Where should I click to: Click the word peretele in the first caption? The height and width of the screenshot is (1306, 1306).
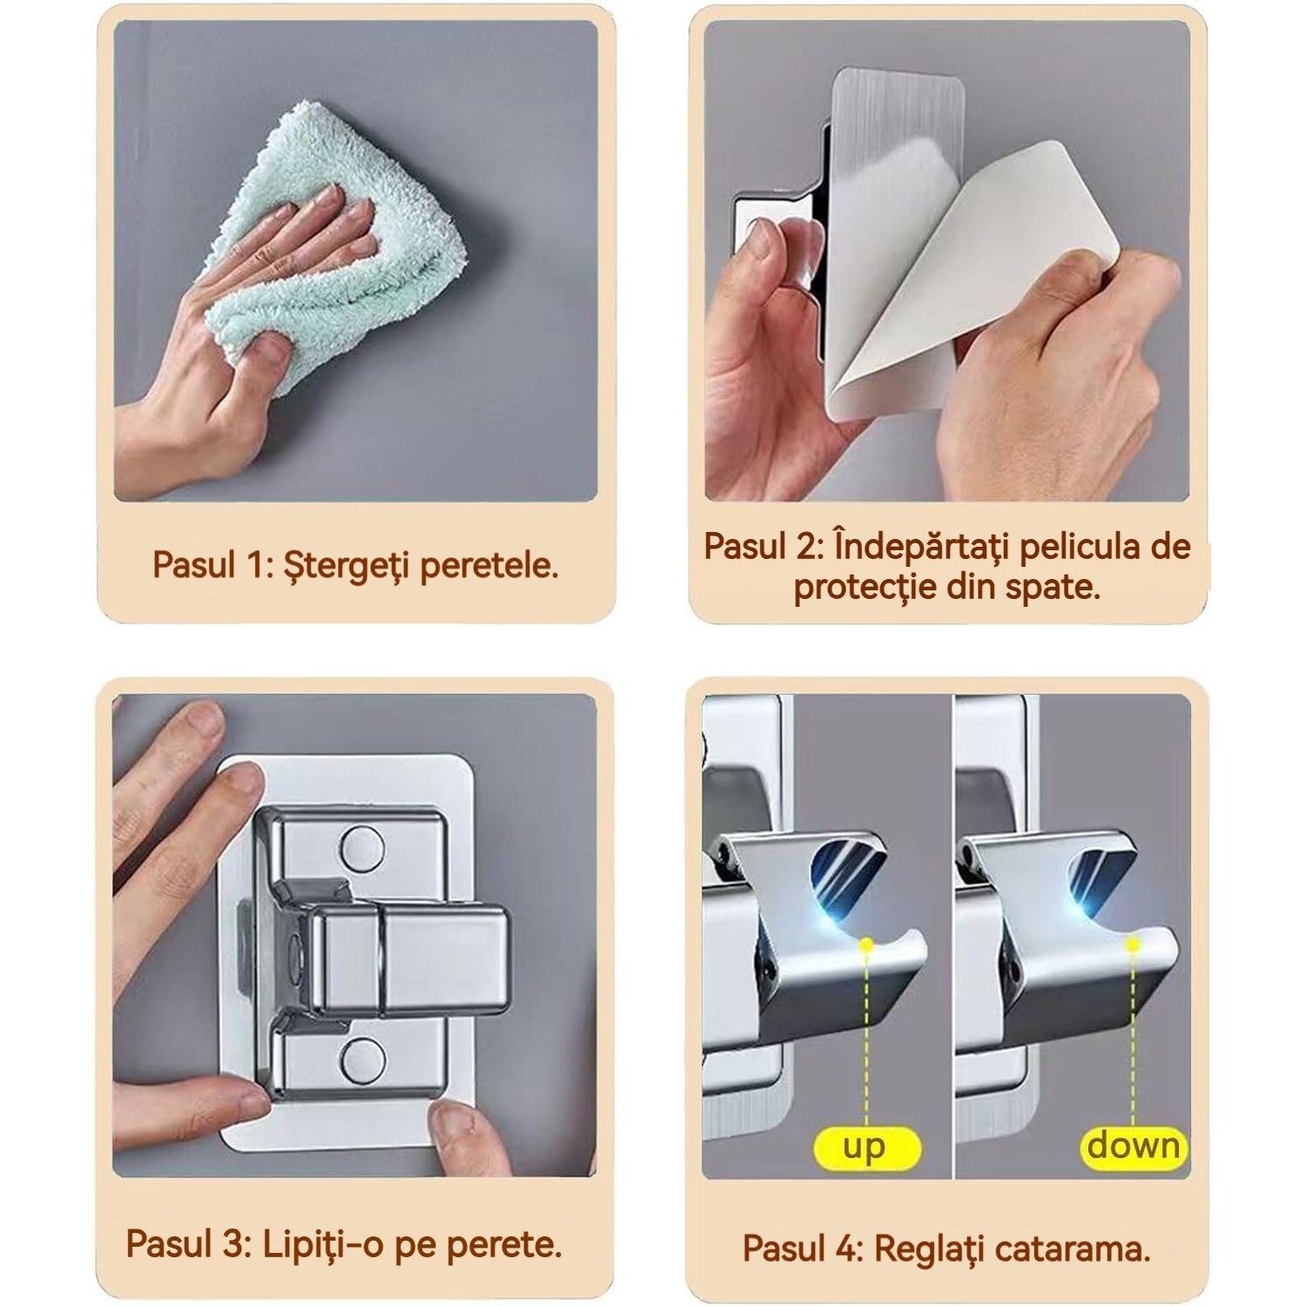pos(488,566)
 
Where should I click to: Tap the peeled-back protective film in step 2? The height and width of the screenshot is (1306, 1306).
pos(966,279)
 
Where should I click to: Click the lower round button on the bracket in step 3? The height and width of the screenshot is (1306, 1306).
pos(362,1060)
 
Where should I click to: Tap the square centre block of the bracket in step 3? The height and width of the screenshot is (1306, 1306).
pos(409,958)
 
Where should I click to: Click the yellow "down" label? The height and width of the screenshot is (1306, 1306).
pos(1134,1146)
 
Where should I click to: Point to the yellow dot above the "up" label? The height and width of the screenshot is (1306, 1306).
pos(865,944)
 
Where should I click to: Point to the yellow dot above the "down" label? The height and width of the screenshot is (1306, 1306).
pos(1133,944)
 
